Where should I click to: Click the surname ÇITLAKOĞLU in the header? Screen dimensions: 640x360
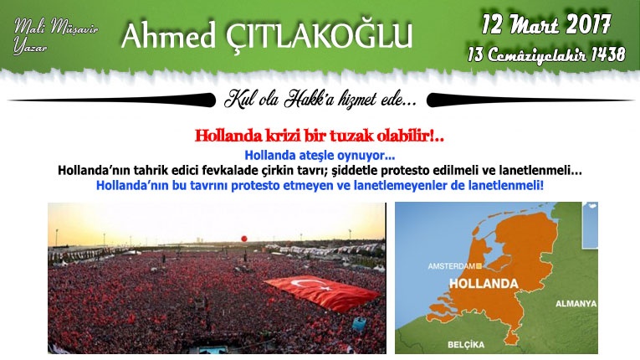point(319,36)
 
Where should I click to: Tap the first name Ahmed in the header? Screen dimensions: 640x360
point(168,35)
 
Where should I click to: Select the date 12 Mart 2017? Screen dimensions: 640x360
point(546,24)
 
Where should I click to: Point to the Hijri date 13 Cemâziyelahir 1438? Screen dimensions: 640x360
point(546,54)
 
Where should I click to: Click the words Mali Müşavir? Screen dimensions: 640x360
point(56,27)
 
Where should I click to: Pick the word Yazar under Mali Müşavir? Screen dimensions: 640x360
point(30,46)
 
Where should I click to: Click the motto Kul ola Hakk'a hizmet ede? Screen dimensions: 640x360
point(320,100)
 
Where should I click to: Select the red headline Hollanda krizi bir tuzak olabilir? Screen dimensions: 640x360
point(320,136)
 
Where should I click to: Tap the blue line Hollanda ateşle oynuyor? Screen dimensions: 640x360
point(320,156)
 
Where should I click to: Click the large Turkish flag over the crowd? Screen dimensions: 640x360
point(322,292)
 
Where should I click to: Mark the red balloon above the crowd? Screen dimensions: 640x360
point(244,239)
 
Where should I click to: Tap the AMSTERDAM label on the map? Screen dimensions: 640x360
point(452,266)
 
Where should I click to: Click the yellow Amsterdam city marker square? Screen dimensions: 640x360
point(479,266)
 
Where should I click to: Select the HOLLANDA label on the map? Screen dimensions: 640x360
point(484,284)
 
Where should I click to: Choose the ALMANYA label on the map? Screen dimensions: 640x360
point(576,304)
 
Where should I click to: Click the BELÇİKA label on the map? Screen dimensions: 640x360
point(466,344)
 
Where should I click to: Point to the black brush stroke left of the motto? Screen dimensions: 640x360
point(112,100)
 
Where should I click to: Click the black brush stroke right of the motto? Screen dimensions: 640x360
point(530,100)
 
